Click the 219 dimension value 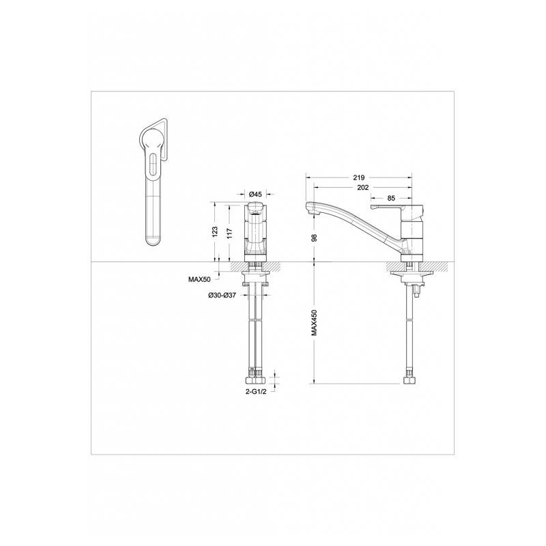(x=359, y=177)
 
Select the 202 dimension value (x=363, y=188)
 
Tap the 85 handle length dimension (x=391, y=198)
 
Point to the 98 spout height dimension (x=314, y=238)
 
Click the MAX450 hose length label (x=314, y=322)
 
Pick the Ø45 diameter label (x=255, y=194)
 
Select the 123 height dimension (x=215, y=232)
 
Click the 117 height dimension (x=230, y=232)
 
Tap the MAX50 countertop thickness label (x=199, y=279)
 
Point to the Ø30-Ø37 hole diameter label (x=222, y=296)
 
